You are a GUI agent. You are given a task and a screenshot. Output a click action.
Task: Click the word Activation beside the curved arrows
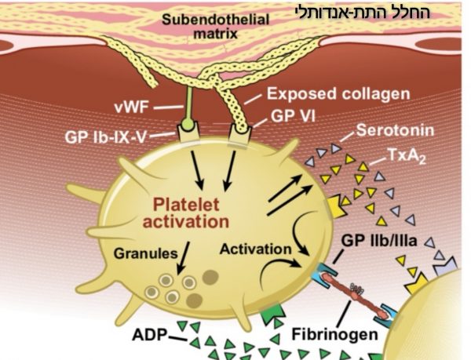point(255,249)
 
